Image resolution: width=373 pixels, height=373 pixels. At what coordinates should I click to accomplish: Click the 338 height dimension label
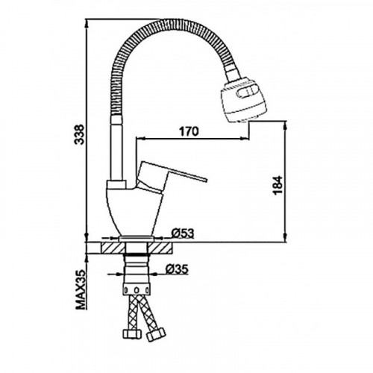coord(81,134)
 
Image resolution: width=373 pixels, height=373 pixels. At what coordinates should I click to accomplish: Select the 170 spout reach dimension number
coord(189,131)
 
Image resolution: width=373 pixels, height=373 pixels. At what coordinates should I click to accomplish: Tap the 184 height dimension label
coord(278,185)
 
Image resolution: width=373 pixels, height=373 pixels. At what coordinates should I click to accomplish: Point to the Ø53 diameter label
coord(183,233)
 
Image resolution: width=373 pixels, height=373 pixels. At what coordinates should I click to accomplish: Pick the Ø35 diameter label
coord(178,269)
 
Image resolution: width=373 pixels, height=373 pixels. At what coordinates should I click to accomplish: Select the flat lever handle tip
coord(204,180)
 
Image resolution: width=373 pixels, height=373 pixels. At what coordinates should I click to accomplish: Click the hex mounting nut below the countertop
coord(137,289)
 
